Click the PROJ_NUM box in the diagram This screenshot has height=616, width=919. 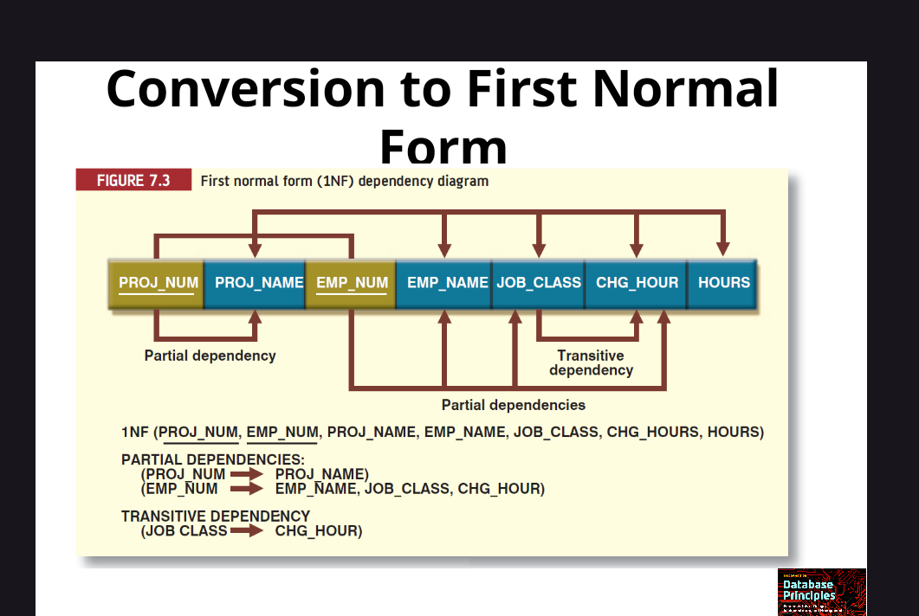pos(157,283)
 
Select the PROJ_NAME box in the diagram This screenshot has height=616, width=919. pos(256,283)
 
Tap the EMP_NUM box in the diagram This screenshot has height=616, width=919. pos(351,283)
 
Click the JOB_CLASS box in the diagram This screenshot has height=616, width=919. pos(539,283)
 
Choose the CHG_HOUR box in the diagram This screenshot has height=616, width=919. pos(637,283)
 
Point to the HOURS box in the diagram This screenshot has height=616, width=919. pos(723,283)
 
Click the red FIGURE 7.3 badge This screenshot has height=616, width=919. pos(133,181)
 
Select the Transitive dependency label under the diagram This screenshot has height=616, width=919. pos(591,363)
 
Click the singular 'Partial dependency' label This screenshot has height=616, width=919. pos(210,356)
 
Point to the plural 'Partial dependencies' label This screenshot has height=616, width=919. pos(513,405)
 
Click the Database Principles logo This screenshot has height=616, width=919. pos(821,591)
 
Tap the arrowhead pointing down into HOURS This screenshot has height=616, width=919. pos(723,247)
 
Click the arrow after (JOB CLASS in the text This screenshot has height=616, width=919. pos(246,531)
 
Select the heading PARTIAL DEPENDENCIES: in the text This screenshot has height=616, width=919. pos(213,459)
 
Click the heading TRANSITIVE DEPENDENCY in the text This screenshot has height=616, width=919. pos(216,517)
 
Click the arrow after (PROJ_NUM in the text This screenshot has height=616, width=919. pos(246,474)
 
